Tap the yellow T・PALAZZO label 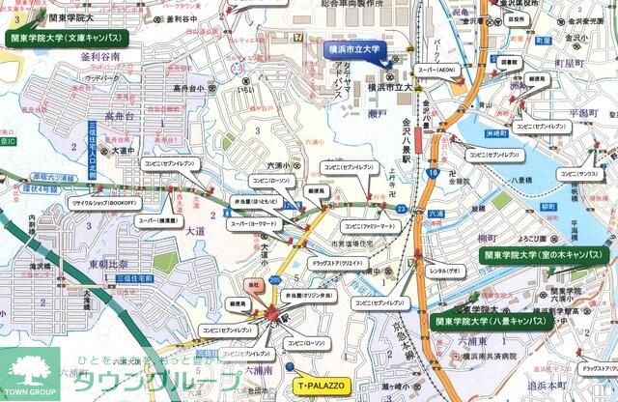(319, 384)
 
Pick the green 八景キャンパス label (492, 320)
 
